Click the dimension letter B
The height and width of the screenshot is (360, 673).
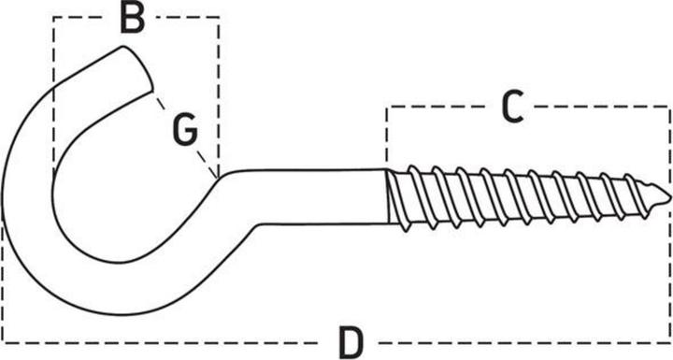point(133,18)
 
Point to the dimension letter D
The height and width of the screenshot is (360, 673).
point(350,342)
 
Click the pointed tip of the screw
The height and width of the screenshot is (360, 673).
point(667,195)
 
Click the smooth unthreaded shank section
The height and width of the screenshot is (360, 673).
point(318,195)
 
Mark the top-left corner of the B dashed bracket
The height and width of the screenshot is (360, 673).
point(53,18)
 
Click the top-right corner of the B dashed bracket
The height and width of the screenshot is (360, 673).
point(220,18)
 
